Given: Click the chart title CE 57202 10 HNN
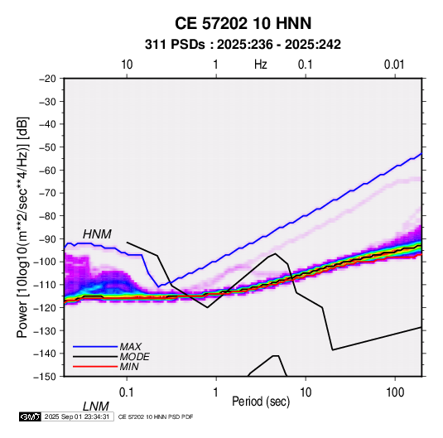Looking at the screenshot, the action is pyautogui.click(x=243, y=23).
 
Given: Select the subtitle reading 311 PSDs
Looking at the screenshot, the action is pyautogui.click(x=175, y=45).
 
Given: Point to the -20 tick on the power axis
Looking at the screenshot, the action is pyautogui.click(x=47, y=79).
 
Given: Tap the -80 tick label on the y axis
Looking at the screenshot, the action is pyautogui.click(x=47, y=216).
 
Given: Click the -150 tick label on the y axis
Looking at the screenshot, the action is pyautogui.click(x=45, y=377).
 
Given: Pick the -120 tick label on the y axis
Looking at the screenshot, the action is pyautogui.click(x=45, y=307).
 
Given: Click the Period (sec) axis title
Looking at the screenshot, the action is pyautogui.click(x=261, y=402).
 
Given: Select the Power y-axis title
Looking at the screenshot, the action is pyautogui.click(x=22, y=227).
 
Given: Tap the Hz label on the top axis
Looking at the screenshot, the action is pyautogui.click(x=261, y=65).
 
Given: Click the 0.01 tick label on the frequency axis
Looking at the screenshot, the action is pyautogui.click(x=394, y=65).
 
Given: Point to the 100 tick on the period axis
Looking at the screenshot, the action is pyautogui.click(x=395, y=392).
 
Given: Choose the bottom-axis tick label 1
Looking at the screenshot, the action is pyautogui.click(x=216, y=392).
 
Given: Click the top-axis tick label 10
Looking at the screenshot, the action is pyautogui.click(x=127, y=65).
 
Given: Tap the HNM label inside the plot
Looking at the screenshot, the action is pyautogui.click(x=97, y=234).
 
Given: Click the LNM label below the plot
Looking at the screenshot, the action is pyautogui.click(x=95, y=407).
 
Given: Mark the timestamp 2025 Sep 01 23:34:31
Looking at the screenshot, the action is pyautogui.click(x=77, y=416).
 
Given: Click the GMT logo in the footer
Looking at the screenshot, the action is pyautogui.click(x=30, y=416).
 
